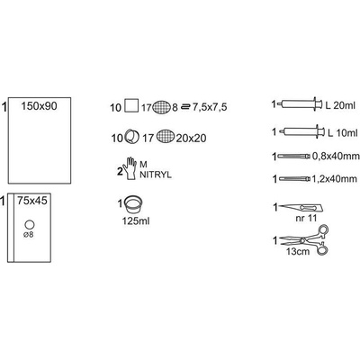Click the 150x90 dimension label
tap(39, 106)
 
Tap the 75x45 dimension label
tap(32, 201)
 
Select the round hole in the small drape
tap(30, 225)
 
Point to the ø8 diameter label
tap(29, 235)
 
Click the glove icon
tap(130, 168)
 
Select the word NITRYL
tap(156, 175)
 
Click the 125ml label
tap(136, 221)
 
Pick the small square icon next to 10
tap(131, 105)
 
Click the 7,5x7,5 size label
tap(209, 107)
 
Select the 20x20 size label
tap(191, 138)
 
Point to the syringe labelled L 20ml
tap(301, 104)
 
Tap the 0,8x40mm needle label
tap(336, 156)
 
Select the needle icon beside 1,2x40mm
tap(295, 179)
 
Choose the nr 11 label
tap(306, 218)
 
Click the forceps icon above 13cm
tap(303, 240)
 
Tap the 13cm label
tap(297, 251)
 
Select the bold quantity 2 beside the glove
tap(120, 172)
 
